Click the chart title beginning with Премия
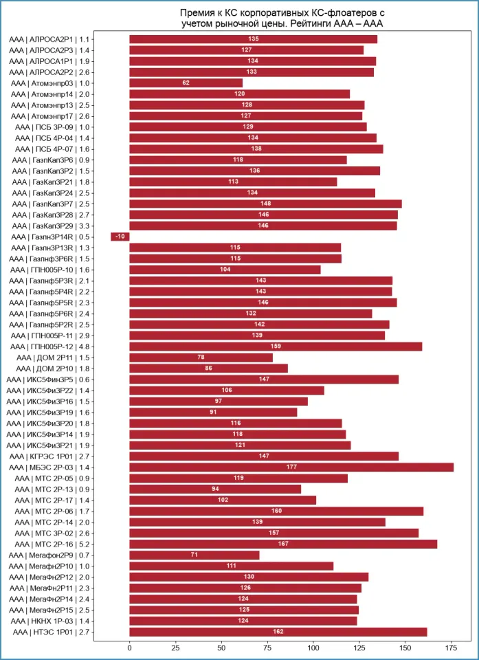click(x=282, y=19)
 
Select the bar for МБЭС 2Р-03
click(x=291, y=467)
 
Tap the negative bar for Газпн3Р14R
click(x=120, y=236)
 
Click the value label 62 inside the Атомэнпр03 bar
click(x=186, y=83)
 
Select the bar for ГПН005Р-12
click(x=276, y=346)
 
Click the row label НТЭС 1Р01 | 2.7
click(x=51, y=632)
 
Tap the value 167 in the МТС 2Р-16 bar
click(x=283, y=544)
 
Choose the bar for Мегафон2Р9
click(x=194, y=555)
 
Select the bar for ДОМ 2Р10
click(x=208, y=368)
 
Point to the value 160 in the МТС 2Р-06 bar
click(x=276, y=511)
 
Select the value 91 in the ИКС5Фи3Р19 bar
click(x=213, y=412)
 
